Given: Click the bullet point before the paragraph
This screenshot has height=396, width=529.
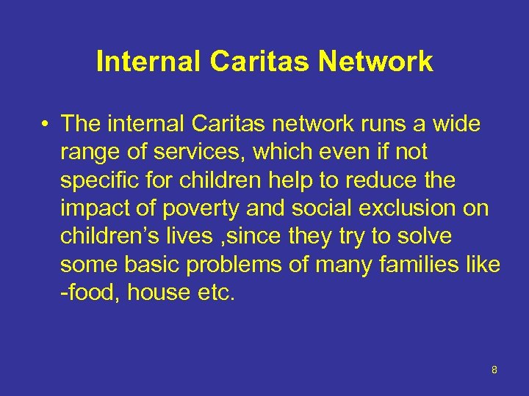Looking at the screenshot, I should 46,125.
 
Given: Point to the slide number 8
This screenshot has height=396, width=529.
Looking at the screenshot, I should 494,370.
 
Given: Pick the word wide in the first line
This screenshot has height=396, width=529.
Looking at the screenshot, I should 456,125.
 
